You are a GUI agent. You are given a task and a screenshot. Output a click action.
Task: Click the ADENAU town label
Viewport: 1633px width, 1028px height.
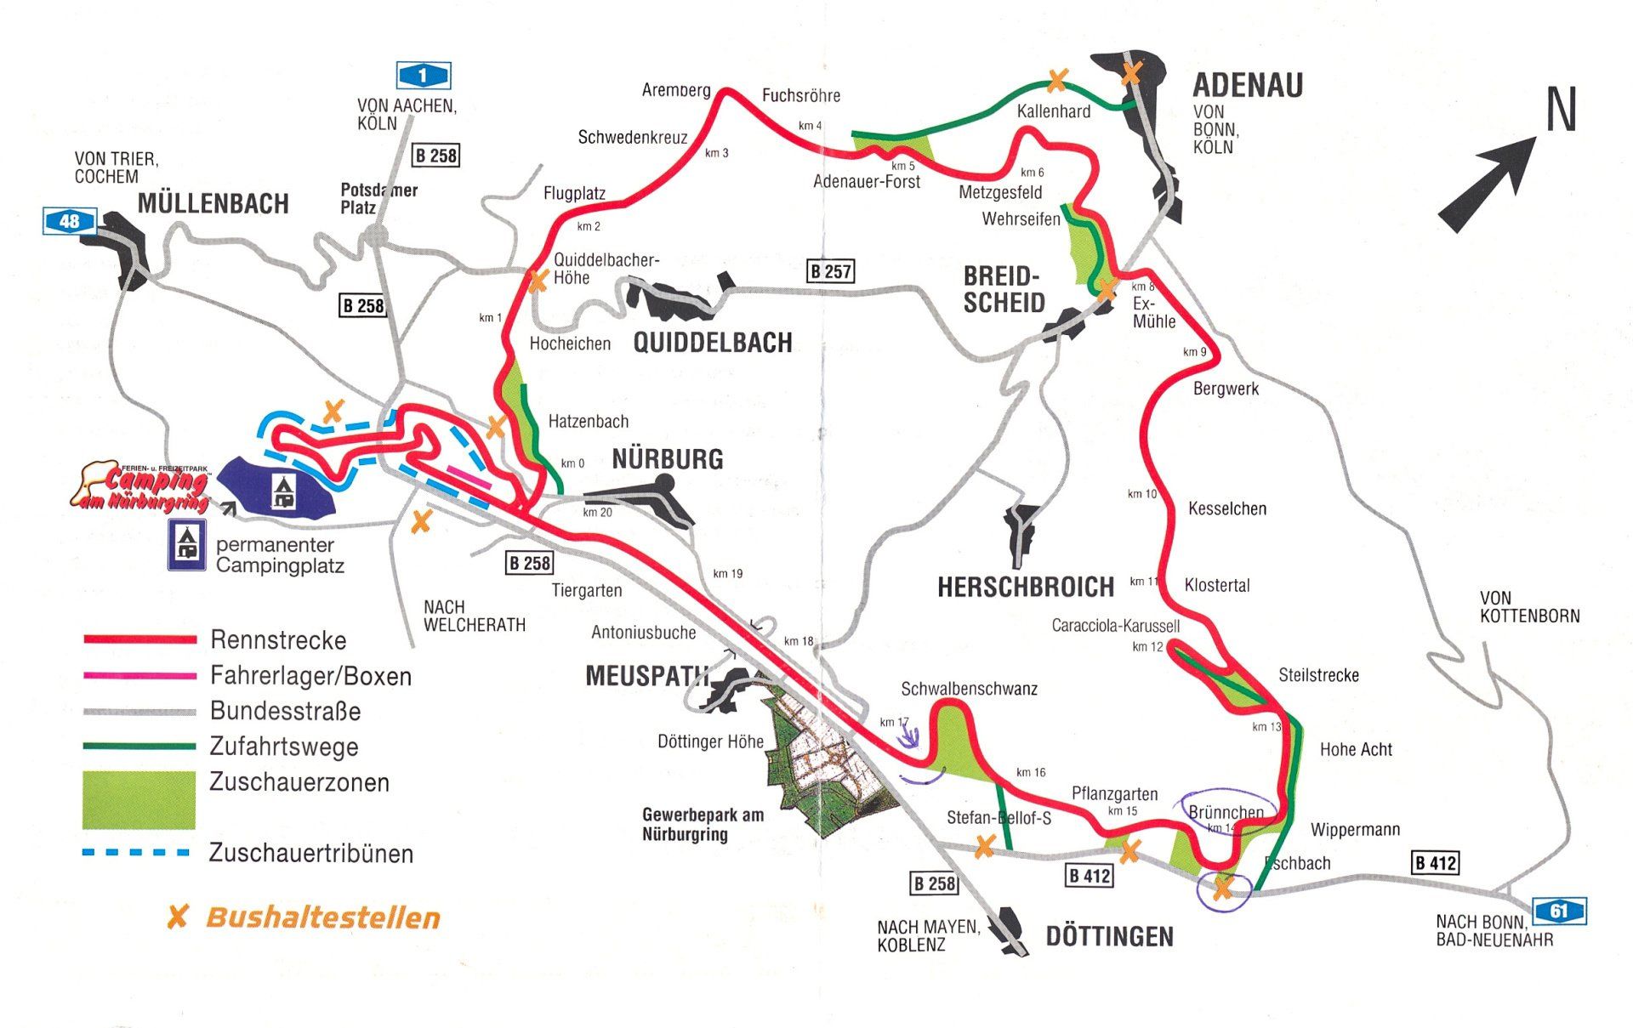point(1248,85)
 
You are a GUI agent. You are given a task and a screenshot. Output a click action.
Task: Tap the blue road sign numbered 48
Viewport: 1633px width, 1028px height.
point(69,222)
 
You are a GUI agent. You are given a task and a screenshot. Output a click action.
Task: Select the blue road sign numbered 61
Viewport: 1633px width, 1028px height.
point(1558,912)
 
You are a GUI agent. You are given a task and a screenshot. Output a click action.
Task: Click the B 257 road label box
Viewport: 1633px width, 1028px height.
point(830,272)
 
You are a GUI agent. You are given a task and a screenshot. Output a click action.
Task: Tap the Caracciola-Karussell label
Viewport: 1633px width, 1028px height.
point(1115,626)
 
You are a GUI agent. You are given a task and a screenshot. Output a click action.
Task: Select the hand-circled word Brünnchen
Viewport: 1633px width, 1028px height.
point(1226,812)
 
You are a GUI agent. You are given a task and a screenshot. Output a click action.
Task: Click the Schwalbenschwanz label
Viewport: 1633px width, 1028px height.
point(969,689)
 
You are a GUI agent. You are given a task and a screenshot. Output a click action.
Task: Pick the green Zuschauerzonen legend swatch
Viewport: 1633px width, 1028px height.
point(139,799)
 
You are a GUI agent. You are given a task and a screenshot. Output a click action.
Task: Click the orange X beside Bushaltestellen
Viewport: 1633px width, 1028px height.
point(178,917)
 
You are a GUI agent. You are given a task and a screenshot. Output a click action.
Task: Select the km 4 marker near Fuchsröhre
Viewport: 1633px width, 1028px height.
point(810,126)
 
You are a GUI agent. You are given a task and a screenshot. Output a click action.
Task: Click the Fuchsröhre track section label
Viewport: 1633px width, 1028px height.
point(800,96)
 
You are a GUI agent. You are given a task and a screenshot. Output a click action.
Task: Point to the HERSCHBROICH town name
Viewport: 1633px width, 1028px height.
point(1025,588)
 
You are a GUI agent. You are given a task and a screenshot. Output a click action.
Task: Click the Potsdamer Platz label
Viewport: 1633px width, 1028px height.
point(378,199)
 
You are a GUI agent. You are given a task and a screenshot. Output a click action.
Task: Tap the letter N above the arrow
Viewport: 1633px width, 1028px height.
point(1561,111)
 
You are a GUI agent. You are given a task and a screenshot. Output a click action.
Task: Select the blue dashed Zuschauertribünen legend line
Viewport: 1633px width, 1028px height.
point(136,852)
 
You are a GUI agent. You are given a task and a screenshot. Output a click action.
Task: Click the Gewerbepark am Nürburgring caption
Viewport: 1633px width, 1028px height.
point(703,824)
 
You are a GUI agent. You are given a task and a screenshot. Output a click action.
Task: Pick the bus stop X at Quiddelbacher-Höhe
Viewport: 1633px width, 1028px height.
point(538,281)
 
